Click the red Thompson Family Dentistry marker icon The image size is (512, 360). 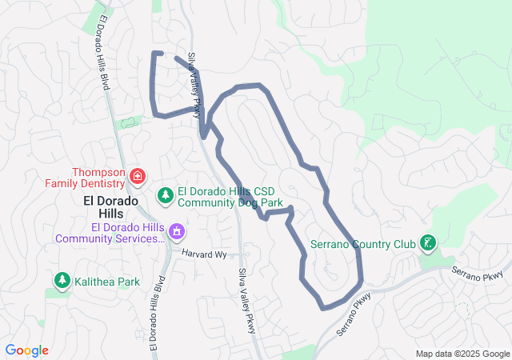138,175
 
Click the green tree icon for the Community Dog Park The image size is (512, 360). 166,194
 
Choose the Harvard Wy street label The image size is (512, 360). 204,254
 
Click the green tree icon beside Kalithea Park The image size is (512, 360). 62,281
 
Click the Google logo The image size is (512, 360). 26,350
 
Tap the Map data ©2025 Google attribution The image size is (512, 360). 462,354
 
